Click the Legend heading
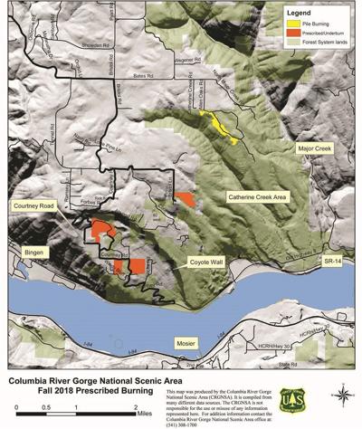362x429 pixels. coord(299,14)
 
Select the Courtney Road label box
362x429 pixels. coord(36,206)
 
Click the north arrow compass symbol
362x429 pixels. coord(341,394)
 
